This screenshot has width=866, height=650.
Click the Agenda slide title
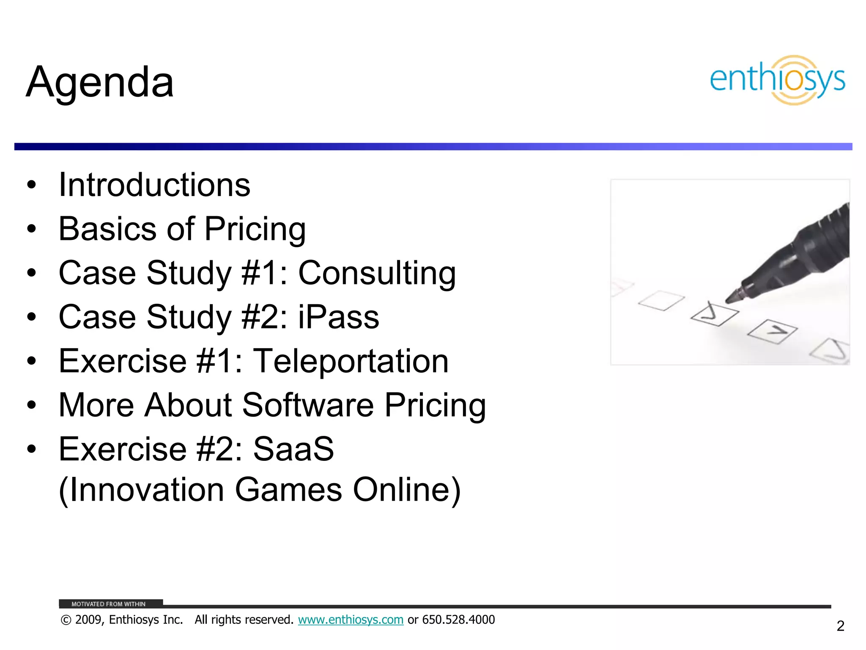coord(100,82)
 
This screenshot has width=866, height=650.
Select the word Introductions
coord(154,185)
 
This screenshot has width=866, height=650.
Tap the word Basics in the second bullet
coord(107,229)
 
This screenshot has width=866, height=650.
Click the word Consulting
coord(377,273)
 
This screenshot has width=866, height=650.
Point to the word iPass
coord(338,317)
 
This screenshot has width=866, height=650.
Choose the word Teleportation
coord(351,361)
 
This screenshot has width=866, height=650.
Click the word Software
coord(308,405)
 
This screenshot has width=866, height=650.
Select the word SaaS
coord(293,449)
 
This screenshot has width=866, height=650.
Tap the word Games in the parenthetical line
coord(288,490)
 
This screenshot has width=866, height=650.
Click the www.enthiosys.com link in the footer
coord(351,620)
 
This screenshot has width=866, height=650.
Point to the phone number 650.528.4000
coord(458,620)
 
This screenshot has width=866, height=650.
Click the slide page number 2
coord(840,626)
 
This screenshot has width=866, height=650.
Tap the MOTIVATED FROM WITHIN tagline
coord(108,604)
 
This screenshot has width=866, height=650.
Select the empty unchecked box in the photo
coord(661,300)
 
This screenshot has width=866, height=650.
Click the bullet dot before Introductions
coord(32,185)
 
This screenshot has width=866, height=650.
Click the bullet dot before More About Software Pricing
coord(32,405)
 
